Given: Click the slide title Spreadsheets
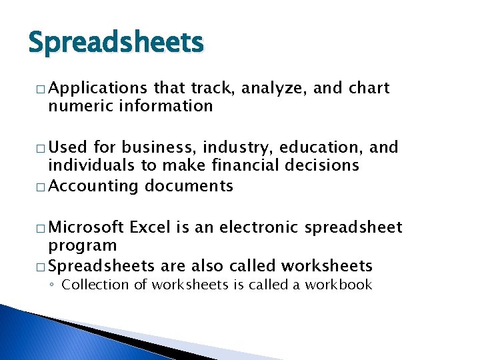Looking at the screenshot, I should click(x=115, y=43).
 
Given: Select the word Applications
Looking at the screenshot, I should click(x=97, y=88).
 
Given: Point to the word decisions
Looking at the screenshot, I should click(x=323, y=165).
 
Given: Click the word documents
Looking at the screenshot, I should click(x=189, y=186).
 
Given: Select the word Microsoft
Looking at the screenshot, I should click(x=87, y=227).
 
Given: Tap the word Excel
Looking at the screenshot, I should click(x=150, y=227).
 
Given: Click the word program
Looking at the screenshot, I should click(x=83, y=246).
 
